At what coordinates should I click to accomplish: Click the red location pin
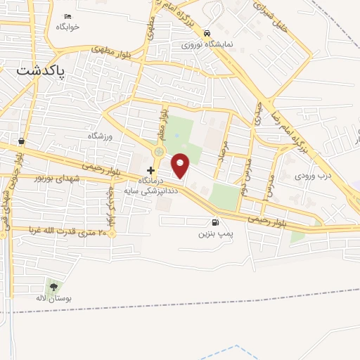pyautogui.click(x=181, y=166)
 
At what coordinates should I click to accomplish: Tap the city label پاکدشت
pyautogui.click(x=40, y=71)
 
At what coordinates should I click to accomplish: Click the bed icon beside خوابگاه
pyautogui.click(x=68, y=16)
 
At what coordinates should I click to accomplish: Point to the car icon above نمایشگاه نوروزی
pyautogui.click(x=207, y=33)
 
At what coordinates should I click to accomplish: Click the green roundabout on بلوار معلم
pyautogui.click(x=159, y=151)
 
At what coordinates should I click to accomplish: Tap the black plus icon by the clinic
pyautogui.click(x=150, y=170)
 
